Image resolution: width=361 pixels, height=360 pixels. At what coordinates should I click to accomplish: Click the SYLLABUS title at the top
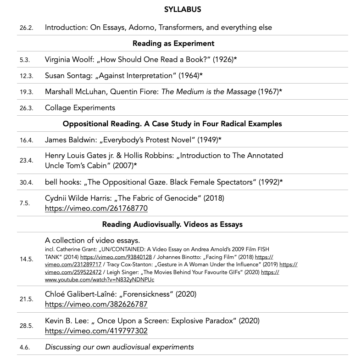pos(182,9)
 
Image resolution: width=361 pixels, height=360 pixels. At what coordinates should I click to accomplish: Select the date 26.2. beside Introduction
pos(26,28)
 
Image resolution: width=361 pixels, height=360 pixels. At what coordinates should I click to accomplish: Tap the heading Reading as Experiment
pos(173,44)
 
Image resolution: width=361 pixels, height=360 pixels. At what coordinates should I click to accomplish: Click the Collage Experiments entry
pos(80,107)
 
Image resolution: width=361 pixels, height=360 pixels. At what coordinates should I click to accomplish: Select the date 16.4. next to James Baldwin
pos(26,140)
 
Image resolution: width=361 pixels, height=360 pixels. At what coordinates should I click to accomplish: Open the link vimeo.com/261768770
pos(96,208)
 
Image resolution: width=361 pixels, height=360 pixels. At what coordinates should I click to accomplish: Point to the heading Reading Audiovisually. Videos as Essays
pos(172,224)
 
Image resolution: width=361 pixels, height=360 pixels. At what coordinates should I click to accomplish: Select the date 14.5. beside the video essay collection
pos(26,259)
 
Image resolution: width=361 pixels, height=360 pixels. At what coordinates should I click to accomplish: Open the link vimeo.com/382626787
pos(96,304)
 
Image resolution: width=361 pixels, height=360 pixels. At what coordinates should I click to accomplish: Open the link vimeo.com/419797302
pos(96,331)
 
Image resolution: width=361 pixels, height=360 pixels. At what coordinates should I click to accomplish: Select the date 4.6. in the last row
pos(24,348)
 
